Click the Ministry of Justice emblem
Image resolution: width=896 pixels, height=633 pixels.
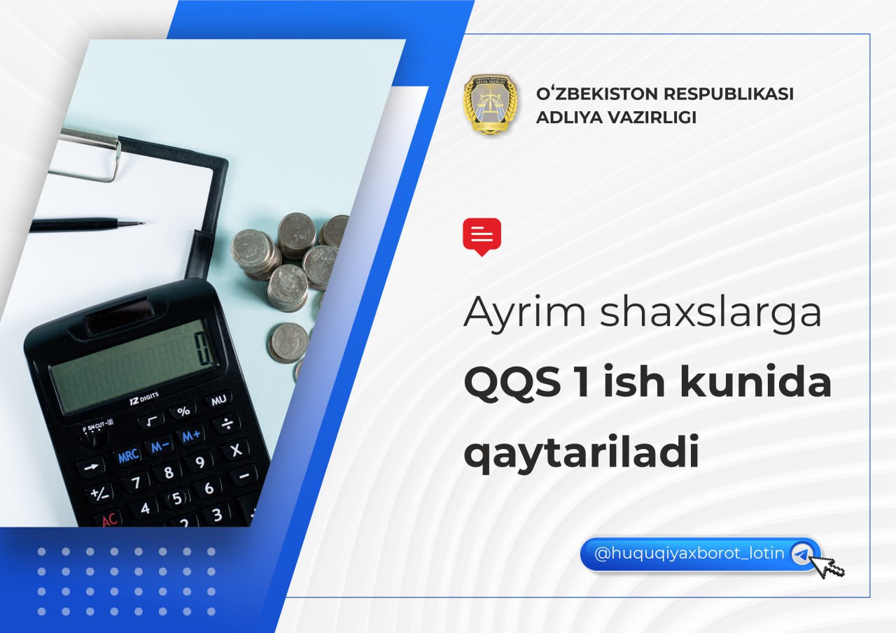491,104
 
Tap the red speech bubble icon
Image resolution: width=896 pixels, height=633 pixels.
482,236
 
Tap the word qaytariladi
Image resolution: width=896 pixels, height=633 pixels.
582,453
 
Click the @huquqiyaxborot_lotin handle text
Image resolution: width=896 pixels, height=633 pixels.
689,553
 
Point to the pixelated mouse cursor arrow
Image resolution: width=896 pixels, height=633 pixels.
829,566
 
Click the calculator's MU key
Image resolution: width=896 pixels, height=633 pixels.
218,400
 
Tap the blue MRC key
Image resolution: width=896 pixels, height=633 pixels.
128,455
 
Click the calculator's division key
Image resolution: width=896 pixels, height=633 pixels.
227,423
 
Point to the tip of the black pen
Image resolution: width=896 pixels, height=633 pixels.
144,222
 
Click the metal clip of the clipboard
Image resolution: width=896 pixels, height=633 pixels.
88,153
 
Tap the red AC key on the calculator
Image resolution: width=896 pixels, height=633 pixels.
108,520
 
